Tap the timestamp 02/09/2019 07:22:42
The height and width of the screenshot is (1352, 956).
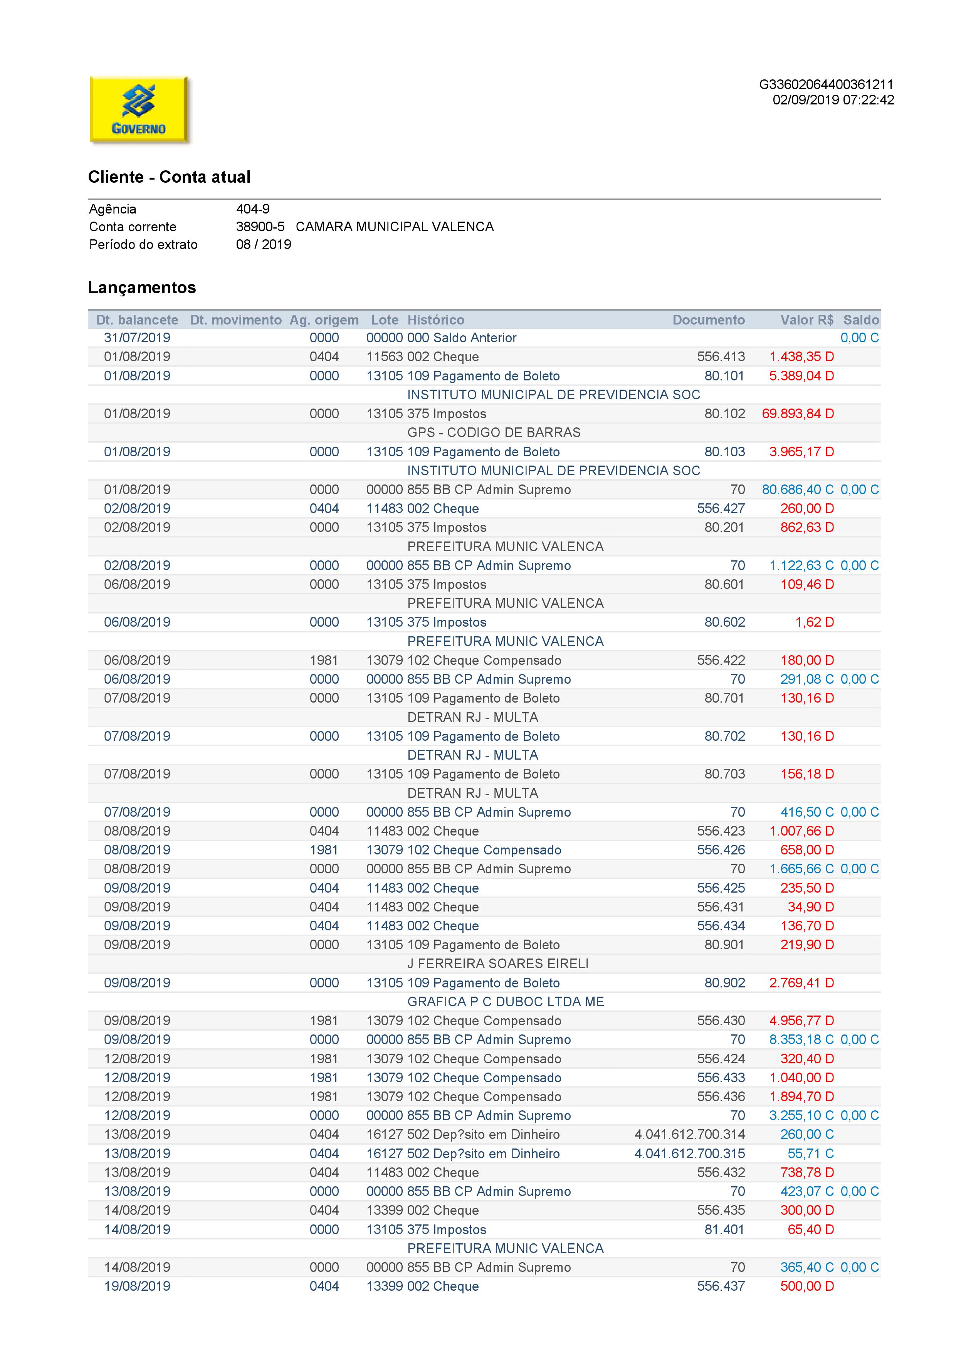(833, 100)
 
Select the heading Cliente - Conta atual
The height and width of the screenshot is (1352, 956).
(169, 177)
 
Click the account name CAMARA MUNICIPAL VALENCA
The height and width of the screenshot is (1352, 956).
(395, 227)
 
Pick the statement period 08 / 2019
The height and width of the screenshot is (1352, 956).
(263, 244)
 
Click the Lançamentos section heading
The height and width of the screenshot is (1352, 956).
(142, 288)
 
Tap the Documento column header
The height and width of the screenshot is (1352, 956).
(708, 320)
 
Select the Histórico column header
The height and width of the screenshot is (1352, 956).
(436, 320)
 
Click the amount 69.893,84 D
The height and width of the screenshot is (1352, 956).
(798, 414)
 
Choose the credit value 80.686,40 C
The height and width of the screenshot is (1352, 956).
(798, 489)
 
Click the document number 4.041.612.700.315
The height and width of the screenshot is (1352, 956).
(689, 1154)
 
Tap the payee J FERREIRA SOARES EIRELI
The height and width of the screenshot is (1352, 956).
(497, 964)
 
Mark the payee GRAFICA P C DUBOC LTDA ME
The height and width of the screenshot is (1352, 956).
(505, 1002)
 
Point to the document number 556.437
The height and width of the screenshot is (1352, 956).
(721, 1286)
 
